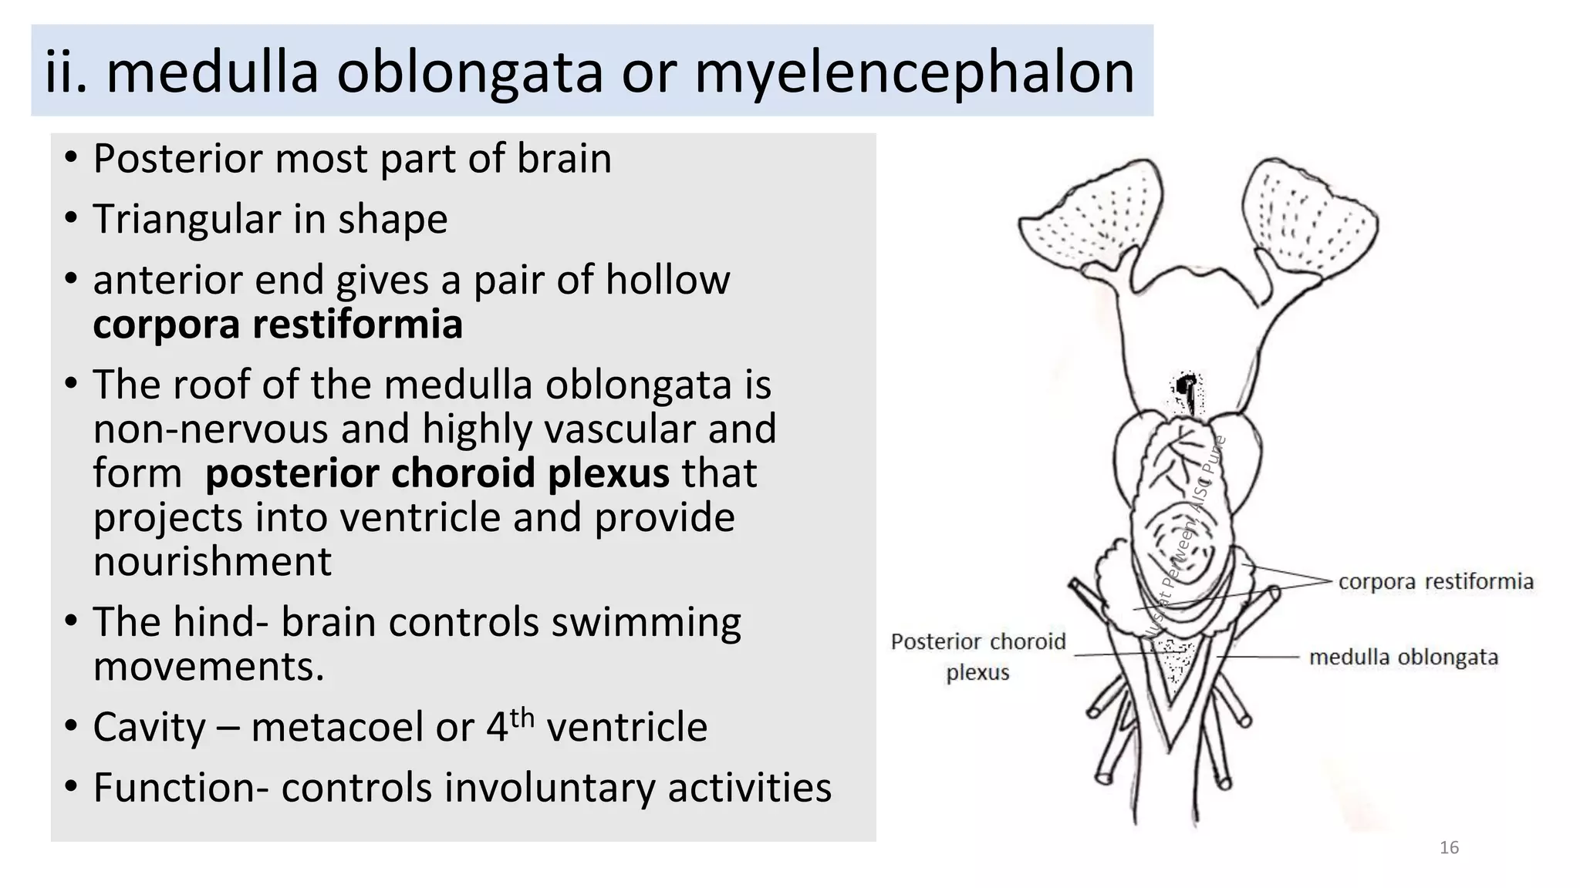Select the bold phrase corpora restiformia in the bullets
278,324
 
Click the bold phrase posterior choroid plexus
437,473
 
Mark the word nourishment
212,561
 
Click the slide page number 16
1449,848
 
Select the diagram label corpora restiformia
1436,582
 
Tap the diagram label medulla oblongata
1403,658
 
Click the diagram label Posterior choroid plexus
977,656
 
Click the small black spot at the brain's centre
1187,383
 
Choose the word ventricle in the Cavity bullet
626,727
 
